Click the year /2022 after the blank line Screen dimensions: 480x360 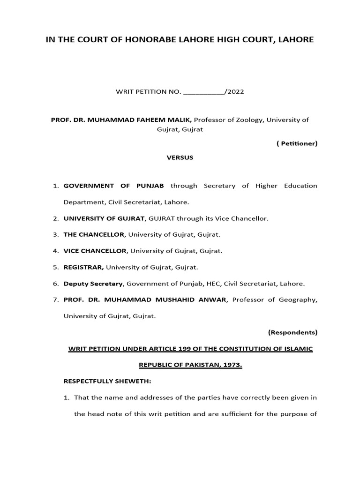(x=234, y=92)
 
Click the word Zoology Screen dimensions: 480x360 (x=247, y=120)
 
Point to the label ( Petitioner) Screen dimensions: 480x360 (x=297, y=143)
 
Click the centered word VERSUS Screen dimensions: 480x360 (x=180, y=157)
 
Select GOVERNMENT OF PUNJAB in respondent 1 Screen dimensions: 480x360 (x=113, y=186)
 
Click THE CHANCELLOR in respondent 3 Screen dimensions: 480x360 (x=94, y=234)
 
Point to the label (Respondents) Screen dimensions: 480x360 (x=292, y=332)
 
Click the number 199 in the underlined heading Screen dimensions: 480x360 (x=186, y=349)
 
